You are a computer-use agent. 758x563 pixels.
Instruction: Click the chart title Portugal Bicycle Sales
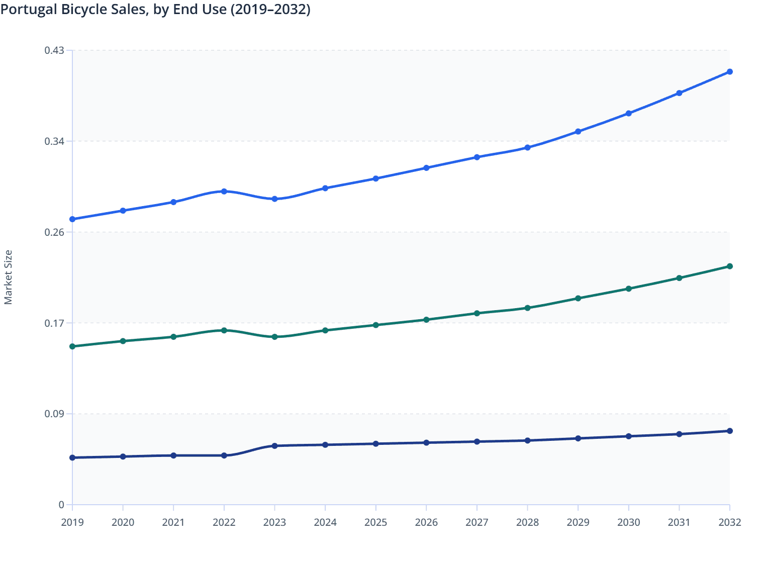click(x=155, y=9)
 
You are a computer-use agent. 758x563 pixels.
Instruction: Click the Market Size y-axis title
click(x=8, y=277)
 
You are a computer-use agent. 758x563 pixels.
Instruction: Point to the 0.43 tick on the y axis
click(x=54, y=50)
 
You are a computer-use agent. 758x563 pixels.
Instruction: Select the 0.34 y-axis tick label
click(x=54, y=141)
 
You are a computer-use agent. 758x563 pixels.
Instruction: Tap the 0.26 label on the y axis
click(x=54, y=232)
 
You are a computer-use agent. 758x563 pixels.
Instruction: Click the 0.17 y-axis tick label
click(x=54, y=323)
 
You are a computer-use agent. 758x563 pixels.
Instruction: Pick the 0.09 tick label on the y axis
click(x=54, y=414)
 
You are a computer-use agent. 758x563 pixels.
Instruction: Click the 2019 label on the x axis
click(x=72, y=522)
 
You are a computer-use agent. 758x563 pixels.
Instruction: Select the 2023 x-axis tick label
click(x=274, y=522)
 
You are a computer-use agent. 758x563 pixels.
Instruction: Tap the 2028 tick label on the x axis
click(x=527, y=522)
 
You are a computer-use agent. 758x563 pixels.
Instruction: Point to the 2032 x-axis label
click(x=729, y=522)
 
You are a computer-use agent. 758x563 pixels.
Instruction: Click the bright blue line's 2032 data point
click(x=730, y=72)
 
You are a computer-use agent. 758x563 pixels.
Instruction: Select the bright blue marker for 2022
click(x=224, y=192)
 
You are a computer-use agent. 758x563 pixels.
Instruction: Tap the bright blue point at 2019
click(x=72, y=219)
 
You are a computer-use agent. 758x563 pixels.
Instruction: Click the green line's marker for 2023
click(x=274, y=337)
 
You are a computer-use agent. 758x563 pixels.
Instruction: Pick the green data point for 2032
click(x=730, y=266)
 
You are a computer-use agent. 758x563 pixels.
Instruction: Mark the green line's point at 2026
click(x=426, y=320)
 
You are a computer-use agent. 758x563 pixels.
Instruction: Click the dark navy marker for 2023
click(x=274, y=446)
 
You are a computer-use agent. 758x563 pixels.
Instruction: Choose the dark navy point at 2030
click(x=628, y=436)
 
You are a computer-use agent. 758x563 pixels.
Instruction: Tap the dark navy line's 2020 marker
click(x=123, y=456)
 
